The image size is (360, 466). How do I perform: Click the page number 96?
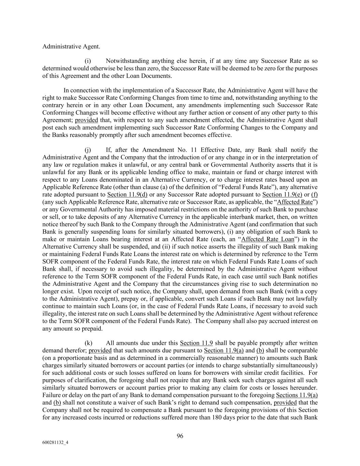coord(180,436)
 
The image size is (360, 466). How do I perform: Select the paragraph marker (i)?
coord(88,61)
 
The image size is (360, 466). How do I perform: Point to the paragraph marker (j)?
coord(88,150)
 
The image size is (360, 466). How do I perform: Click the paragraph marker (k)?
coord(88,343)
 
